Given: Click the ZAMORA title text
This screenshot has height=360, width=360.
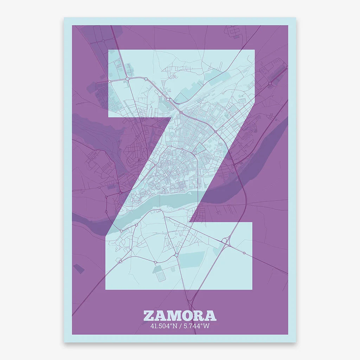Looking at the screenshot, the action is pos(180,315).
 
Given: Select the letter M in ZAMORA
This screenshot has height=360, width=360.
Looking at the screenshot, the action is pos(174,315).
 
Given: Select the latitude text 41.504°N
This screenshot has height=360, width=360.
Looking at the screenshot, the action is pos(163,326).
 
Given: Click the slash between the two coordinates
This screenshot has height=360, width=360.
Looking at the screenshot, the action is pos(180,326).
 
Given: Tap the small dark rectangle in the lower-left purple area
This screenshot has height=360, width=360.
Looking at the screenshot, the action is pos(79,268).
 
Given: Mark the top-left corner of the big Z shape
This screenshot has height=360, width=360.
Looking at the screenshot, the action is pos(108,50).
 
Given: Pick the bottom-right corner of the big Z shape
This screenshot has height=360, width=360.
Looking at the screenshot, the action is pos(252,289).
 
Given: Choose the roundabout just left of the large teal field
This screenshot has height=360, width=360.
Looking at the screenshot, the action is pos(176,254).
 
